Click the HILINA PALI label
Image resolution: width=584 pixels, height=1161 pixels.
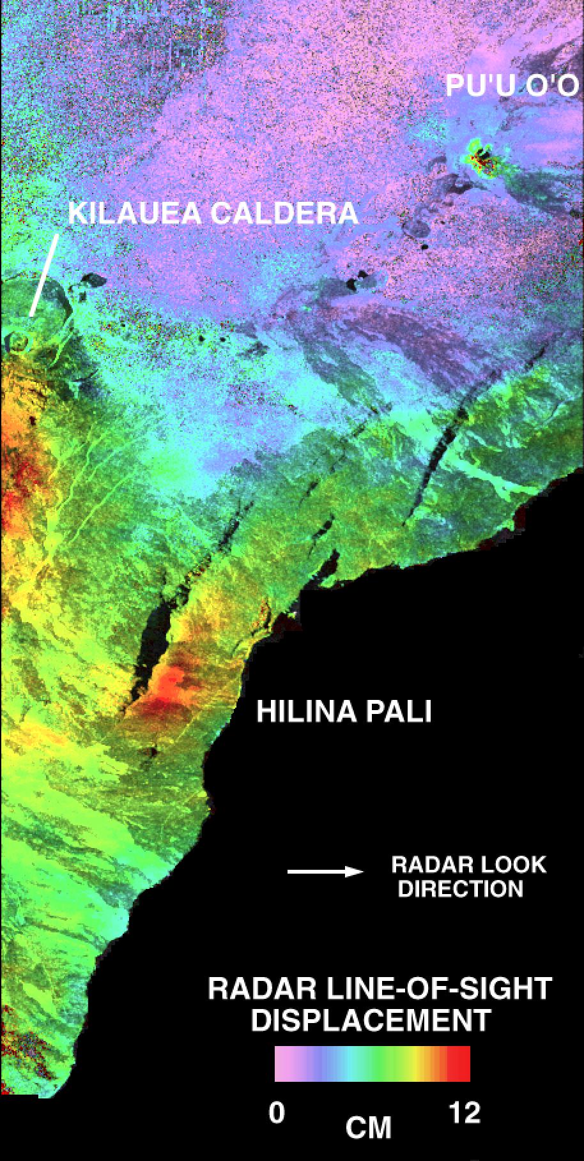(x=344, y=711)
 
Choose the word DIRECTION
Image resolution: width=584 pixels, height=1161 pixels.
(x=460, y=888)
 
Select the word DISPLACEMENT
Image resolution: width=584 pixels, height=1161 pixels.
(x=371, y=1020)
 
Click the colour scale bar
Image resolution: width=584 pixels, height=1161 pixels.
(x=373, y=1063)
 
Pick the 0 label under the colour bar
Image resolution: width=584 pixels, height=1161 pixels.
(x=277, y=1113)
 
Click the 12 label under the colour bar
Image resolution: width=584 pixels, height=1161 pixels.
(x=465, y=1113)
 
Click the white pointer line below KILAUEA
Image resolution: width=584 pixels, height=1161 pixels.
(x=44, y=275)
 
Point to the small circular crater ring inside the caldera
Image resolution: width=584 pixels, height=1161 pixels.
(x=20, y=340)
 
